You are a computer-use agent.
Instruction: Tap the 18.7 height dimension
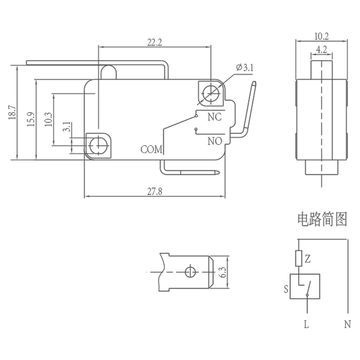(x=11, y=118)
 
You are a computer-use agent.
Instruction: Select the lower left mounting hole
(x=98, y=146)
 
